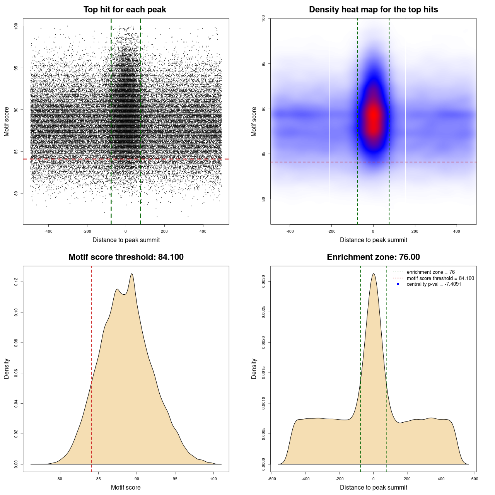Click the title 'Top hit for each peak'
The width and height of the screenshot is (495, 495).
click(125, 10)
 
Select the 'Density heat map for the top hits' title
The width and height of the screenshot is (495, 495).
click(373, 10)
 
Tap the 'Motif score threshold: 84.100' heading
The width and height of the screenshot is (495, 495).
click(126, 257)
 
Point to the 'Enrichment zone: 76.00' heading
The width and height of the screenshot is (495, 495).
click(373, 257)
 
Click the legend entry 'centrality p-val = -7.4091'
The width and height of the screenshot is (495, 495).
click(434, 284)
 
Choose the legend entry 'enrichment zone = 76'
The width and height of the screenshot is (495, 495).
click(430, 272)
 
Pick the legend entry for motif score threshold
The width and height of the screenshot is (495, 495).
click(440, 278)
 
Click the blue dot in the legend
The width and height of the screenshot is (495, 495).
click(398, 284)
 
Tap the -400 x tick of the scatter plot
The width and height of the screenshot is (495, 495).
click(48, 232)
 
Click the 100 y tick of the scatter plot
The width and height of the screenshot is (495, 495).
click(16, 26)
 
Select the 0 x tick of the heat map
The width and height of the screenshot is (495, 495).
click(373, 232)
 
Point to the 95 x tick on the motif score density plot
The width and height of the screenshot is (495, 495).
click(175, 479)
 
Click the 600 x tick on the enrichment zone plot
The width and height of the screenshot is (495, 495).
click(475, 479)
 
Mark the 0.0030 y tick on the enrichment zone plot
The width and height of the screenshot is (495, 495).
click(264, 282)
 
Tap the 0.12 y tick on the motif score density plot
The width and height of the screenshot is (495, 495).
click(16, 282)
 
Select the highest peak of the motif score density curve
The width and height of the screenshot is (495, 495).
click(132, 274)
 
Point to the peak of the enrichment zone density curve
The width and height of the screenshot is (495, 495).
click(373, 274)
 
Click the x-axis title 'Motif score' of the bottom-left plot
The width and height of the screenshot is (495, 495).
click(126, 487)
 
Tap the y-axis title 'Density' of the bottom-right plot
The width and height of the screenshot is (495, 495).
click(254, 369)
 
